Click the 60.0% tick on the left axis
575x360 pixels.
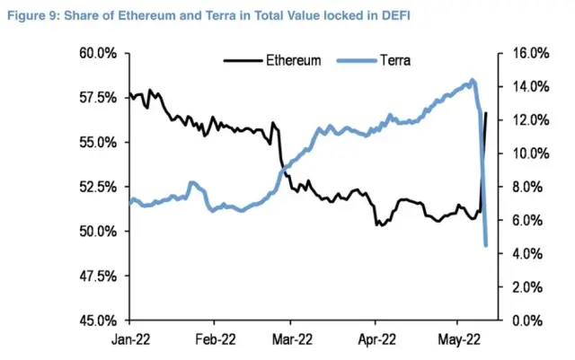click(x=99, y=53)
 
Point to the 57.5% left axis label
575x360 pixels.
click(x=99, y=97)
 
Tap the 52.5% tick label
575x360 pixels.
click(x=99, y=187)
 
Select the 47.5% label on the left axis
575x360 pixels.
click(x=99, y=276)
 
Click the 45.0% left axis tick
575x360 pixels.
click(x=99, y=320)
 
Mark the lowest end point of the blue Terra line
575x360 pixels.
click(x=486, y=245)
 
